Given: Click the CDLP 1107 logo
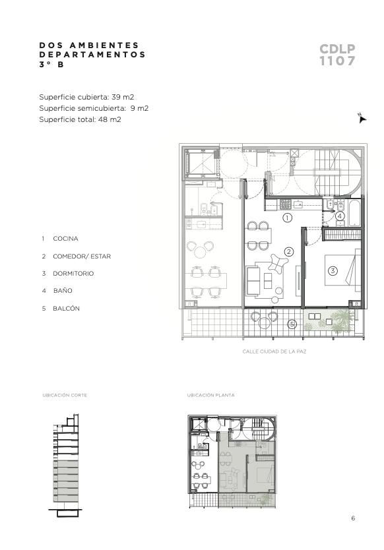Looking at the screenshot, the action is [337, 55].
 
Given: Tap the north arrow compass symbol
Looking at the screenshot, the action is [362, 118].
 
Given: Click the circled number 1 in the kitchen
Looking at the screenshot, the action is [287, 218].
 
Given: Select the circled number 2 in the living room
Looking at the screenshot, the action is [289, 251].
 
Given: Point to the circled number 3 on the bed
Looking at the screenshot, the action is [333, 270].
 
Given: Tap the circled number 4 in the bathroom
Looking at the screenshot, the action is [339, 216].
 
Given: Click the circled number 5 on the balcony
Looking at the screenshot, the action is [292, 324].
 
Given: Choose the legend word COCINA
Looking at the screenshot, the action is [65, 239].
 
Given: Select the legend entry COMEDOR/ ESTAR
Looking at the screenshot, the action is [82, 257].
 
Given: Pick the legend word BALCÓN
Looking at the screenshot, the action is [67, 309].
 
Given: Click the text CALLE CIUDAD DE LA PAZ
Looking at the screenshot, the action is [274, 351].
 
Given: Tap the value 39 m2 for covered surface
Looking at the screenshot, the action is [123, 97].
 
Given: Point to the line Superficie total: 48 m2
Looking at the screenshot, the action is [80, 119].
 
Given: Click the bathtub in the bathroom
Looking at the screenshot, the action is [354, 213].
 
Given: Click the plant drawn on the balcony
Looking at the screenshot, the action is [341, 321].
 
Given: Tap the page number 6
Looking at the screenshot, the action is [353, 518].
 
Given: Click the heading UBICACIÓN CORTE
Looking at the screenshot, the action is [65, 395].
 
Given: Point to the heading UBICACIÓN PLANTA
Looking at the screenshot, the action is [210, 395].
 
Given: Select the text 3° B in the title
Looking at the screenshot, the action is [51, 65].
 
